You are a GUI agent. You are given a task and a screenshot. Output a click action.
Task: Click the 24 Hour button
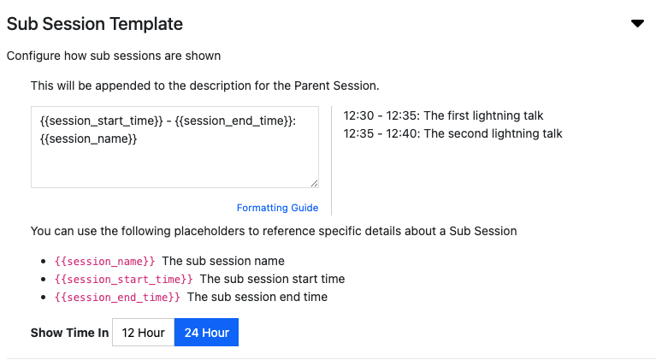206,332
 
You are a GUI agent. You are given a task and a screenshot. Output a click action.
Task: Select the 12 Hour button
143,332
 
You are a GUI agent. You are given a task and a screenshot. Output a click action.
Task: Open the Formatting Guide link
277,208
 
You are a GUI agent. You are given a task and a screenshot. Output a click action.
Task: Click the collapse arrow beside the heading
637,23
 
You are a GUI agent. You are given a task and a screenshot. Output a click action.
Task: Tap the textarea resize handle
314,183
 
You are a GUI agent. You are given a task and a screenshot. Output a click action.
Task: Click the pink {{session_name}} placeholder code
104,262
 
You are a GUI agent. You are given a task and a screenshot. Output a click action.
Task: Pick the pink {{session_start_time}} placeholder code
124,279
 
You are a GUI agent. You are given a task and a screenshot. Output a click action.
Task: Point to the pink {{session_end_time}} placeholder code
117,297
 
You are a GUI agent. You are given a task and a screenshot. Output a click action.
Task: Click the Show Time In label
69,333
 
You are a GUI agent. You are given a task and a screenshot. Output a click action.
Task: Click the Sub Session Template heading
95,24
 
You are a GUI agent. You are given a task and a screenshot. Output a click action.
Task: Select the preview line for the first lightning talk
443,115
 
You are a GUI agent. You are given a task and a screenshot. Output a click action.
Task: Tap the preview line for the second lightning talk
452,133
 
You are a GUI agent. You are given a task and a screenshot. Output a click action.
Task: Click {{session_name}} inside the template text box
89,139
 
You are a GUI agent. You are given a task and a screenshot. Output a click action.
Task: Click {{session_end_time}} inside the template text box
235,121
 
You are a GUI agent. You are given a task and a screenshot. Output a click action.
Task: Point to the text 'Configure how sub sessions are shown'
114,56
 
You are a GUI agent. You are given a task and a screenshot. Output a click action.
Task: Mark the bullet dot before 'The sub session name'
43,262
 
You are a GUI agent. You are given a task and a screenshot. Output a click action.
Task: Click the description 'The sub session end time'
257,297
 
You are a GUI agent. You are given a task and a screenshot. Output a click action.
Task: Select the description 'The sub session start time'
272,279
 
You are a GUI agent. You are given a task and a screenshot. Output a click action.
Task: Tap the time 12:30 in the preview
358,115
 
